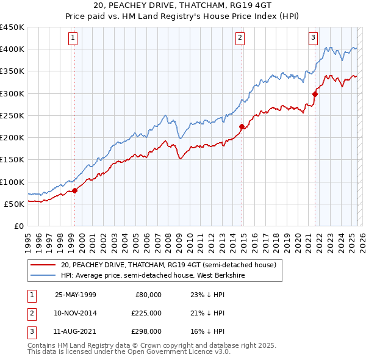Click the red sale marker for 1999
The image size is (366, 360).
[75, 190]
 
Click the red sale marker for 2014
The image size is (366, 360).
[242, 127]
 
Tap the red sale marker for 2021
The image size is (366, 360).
[315, 94]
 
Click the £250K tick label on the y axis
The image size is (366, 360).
[12, 115]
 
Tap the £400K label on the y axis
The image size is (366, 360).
[12, 49]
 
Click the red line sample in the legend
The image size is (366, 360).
[43, 265]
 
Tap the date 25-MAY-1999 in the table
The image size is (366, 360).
[76, 295]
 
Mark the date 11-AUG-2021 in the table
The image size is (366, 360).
[76, 331]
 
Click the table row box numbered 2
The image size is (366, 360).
[30, 313]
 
